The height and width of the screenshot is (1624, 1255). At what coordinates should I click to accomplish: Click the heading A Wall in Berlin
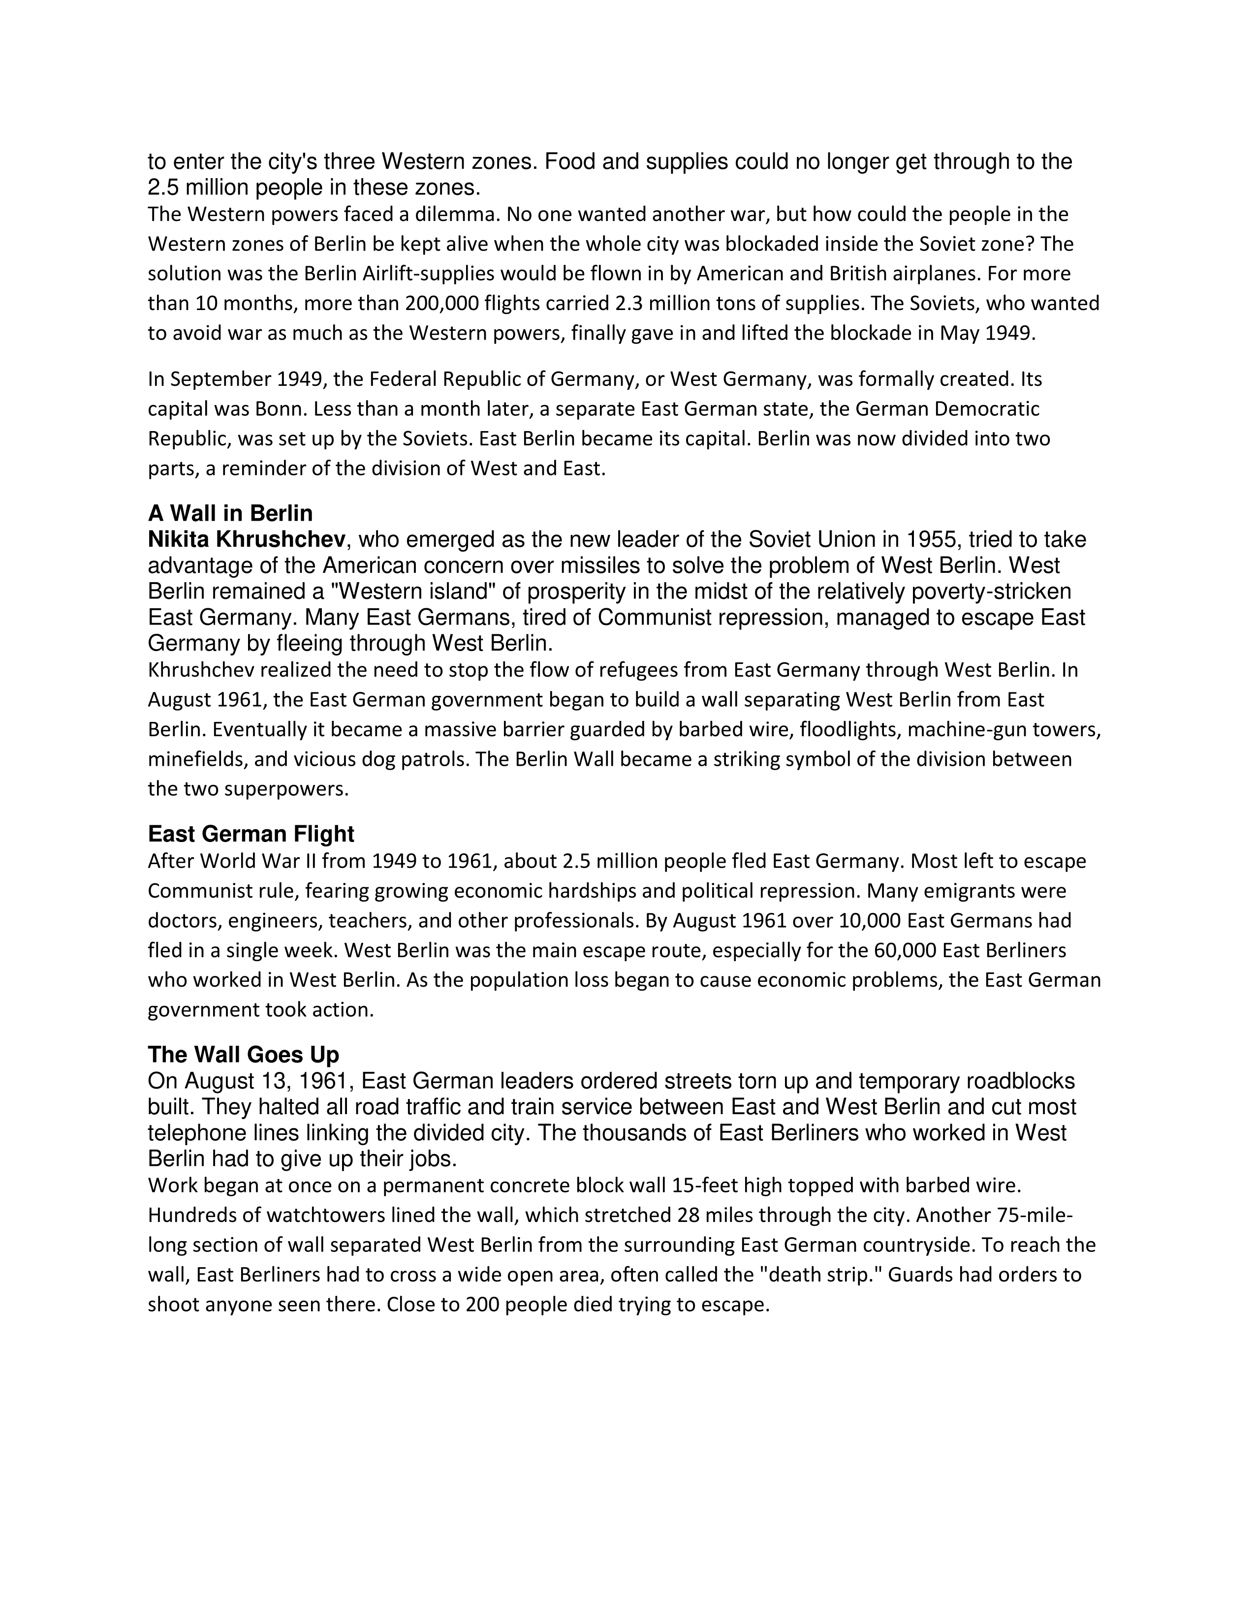click(x=230, y=514)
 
